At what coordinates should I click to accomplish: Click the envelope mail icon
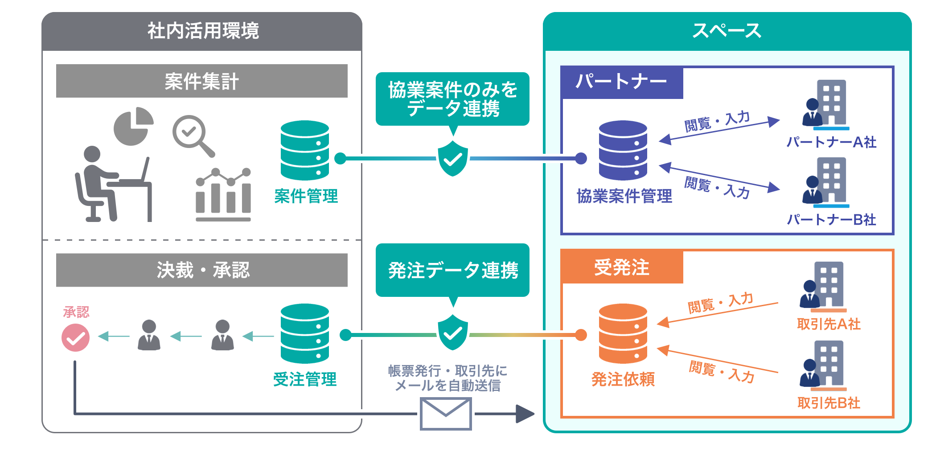tap(446, 414)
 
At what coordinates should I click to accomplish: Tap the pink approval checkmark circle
tap(75, 338)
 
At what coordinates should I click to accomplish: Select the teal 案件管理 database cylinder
tap(305, 150)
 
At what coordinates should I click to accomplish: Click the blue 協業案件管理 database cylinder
tap(623, 150)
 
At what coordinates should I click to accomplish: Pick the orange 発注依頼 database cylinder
tap(623, 333)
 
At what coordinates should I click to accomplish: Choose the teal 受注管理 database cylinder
tap(305, 333)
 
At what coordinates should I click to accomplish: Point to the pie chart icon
tap(133, 126)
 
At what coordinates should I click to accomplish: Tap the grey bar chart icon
tap(223, 195)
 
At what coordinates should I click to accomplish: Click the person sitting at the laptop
tap(114, 184)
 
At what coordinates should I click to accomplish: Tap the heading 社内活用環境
tap(203, 31)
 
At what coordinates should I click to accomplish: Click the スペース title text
tap(727, 31)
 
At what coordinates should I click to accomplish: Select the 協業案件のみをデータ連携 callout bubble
tap(452, 99)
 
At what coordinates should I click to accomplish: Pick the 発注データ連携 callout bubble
tap(452, 270)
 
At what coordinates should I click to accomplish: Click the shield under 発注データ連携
tap(453, 333)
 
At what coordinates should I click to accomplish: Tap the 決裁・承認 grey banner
tap(202, 270)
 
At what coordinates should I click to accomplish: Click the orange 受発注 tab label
tap(622, 267)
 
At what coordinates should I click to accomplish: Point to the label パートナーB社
tap(832, 220)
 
